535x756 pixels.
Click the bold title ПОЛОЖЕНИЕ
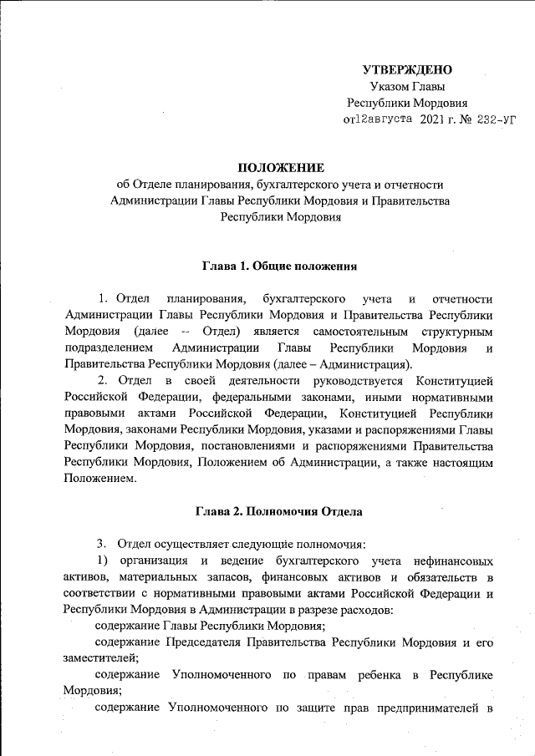pos(280,168)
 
